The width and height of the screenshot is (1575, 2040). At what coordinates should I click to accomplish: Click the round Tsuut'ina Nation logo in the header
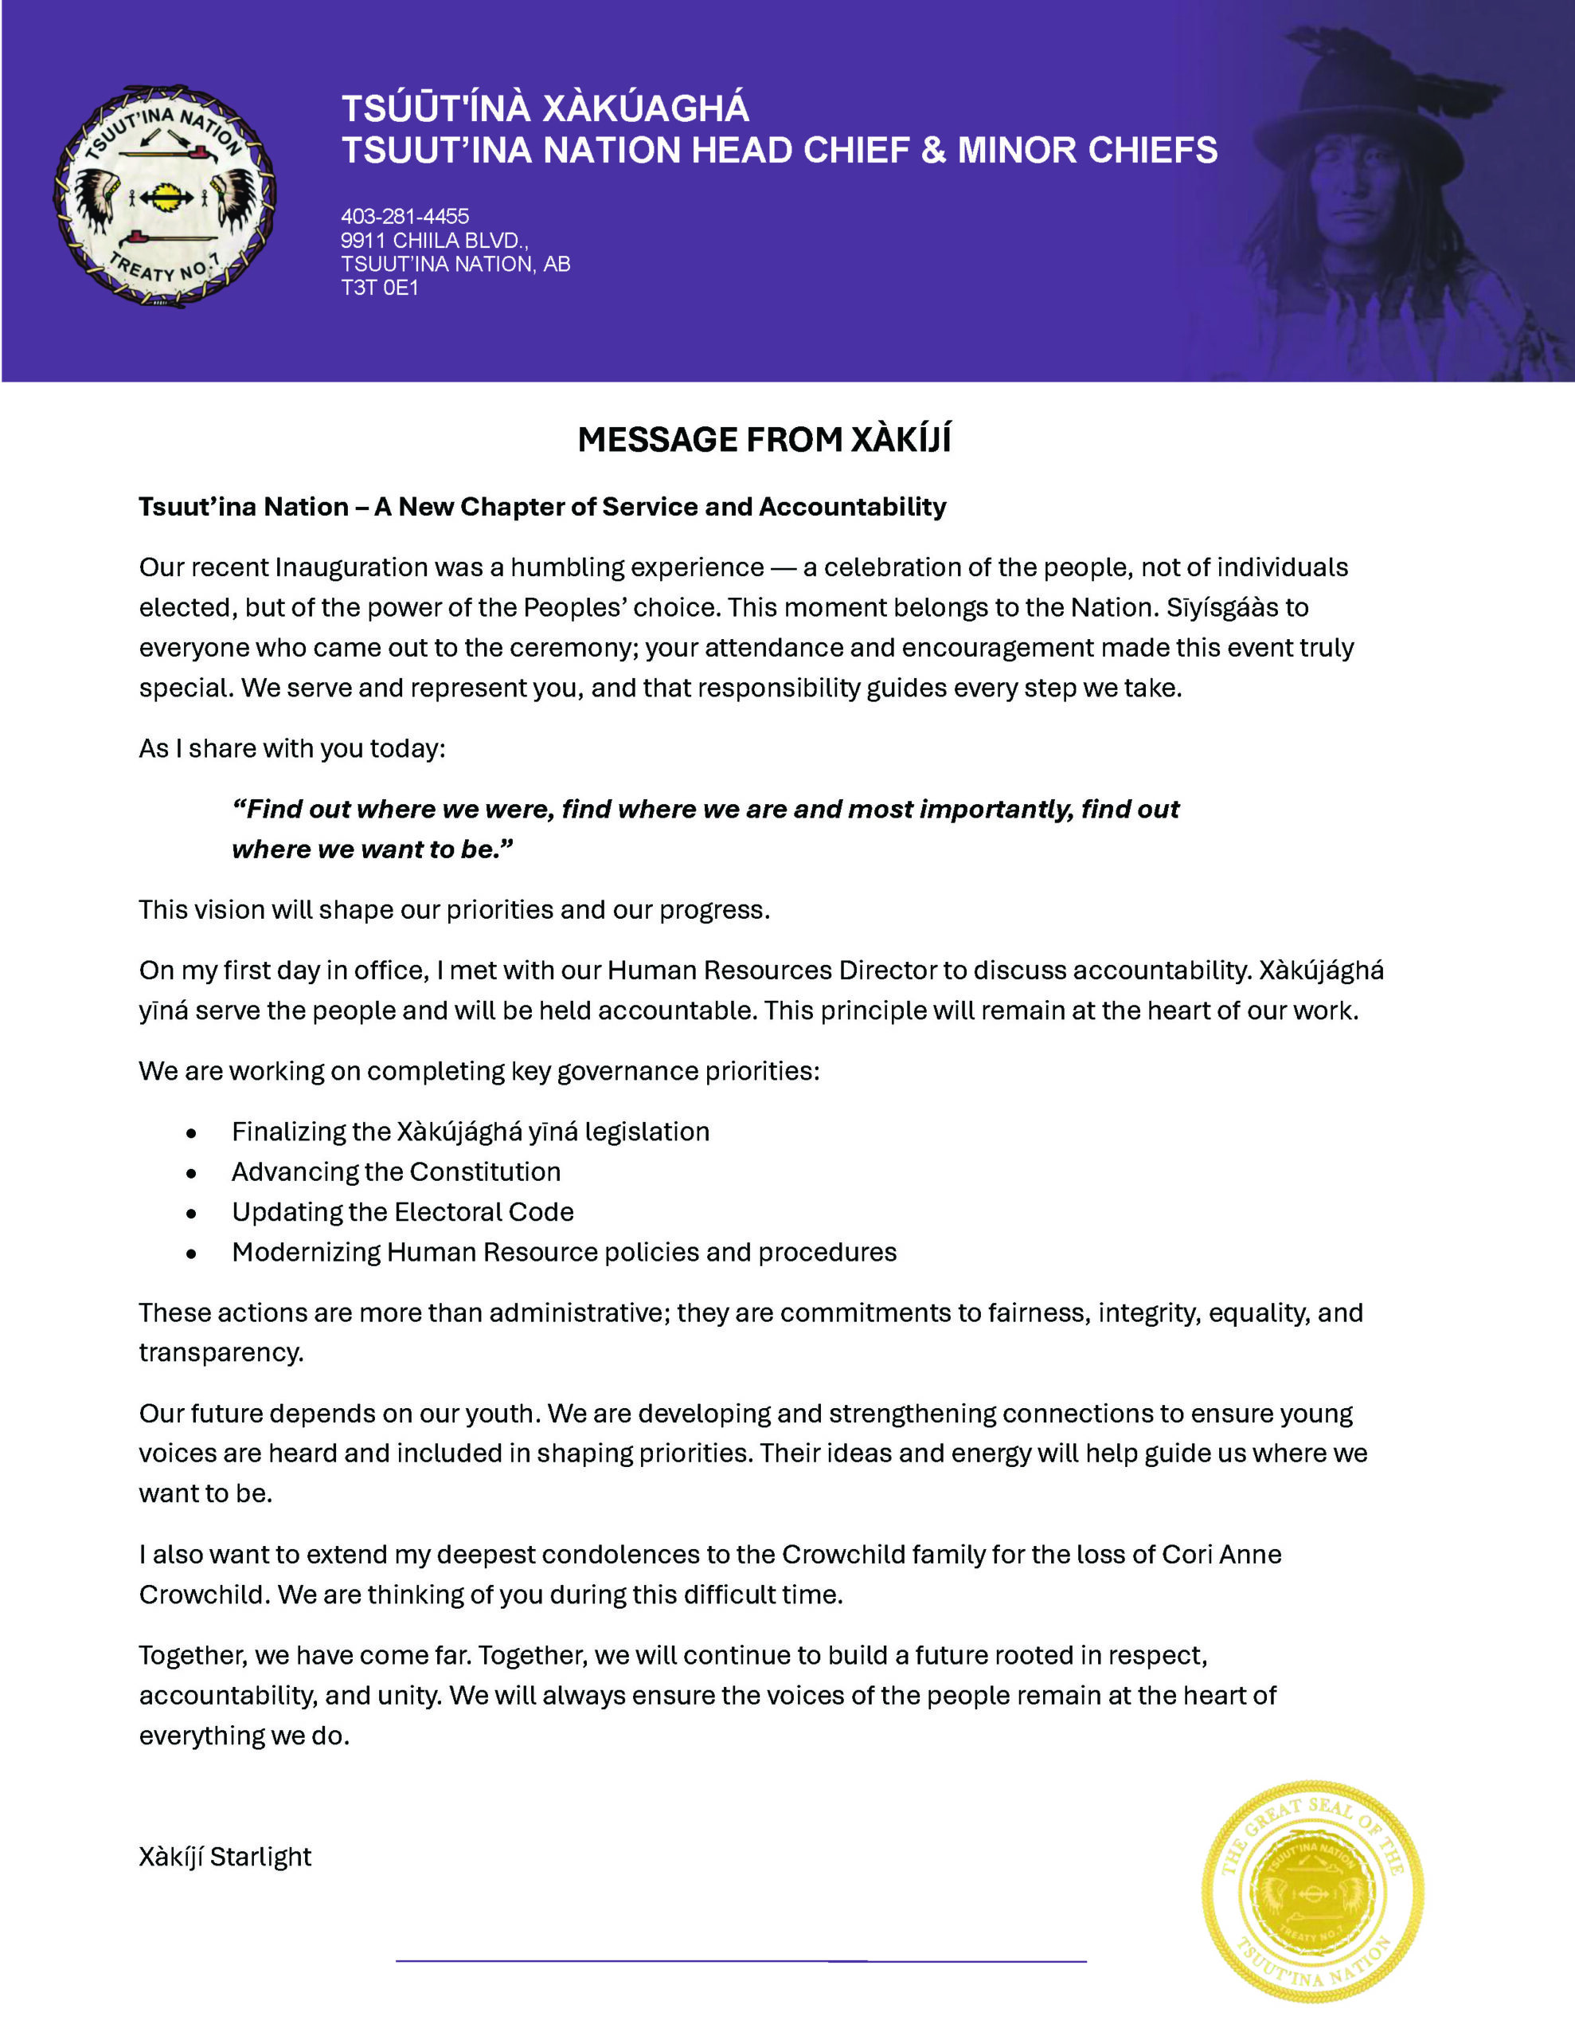(x=164, y=197)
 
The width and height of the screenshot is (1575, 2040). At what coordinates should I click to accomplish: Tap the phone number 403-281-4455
(x=404, y=217)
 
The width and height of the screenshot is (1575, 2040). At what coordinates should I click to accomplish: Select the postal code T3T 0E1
(x=379, y=288)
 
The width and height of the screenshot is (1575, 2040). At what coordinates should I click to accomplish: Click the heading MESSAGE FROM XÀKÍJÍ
(x=764, y=440)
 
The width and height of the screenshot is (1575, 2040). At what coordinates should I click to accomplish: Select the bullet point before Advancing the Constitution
(x=191, y=1173)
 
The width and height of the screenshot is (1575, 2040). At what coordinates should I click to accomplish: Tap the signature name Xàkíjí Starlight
(x=225, y=1856)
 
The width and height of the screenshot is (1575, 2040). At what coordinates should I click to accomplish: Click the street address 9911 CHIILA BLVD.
(x=434, y=241)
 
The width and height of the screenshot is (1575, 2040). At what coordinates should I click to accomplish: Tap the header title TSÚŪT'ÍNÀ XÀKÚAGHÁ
(x=545, y=108)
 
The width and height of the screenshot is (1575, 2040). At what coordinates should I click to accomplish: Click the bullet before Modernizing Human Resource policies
(x=191, y=1253)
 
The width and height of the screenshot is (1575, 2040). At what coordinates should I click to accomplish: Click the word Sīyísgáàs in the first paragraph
(x=1225, y=607)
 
